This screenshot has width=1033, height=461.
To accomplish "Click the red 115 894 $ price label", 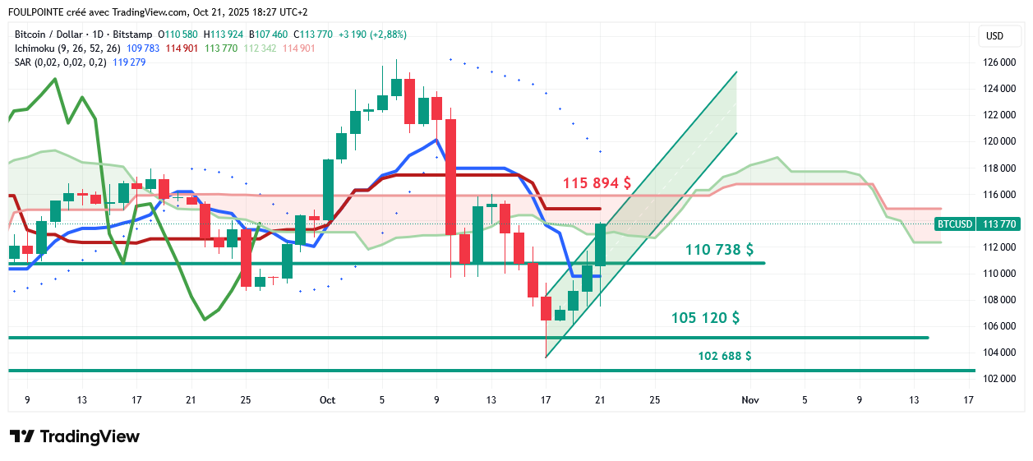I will pyautogui.click(x=597, y=183).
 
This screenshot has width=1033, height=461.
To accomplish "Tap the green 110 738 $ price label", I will pyautogui.click(x=719, y=249).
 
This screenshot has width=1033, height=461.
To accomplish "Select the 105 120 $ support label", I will pyautogui.click(x=705, y=317).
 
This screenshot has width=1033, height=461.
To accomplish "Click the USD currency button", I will pyautogui.click(x=994, y=35).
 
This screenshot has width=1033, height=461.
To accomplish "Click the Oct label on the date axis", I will pyautogui.click(x=327, y=400).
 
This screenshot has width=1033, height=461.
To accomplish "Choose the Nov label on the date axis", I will pyautogui.click(x=749, y=400).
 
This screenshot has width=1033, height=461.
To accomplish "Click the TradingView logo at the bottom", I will pyautogui.click(x=75, y=436).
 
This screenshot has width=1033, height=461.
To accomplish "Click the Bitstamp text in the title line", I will pyautogui.click(x=135, y=35).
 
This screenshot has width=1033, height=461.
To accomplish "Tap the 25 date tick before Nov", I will pyautogui.click(x=654, y=400).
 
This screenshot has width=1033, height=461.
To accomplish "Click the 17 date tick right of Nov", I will pyautogui.click(x=968, y=400).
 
